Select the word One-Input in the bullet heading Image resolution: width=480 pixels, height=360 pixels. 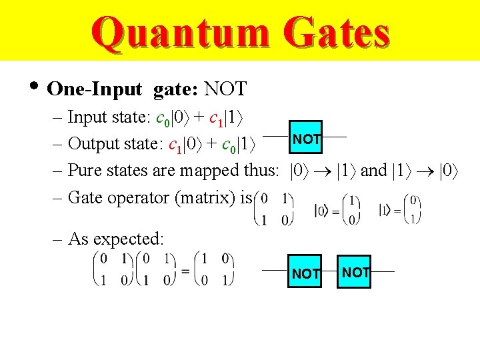point(95,89)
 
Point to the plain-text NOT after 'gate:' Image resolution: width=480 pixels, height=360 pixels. point(225,89)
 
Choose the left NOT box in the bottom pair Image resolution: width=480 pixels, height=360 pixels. point(306,273)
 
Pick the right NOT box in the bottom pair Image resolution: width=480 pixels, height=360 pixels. point(354,272)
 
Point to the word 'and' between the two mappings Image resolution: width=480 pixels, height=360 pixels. point(373,171)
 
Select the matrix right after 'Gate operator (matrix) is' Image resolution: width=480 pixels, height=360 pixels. point(275,209)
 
